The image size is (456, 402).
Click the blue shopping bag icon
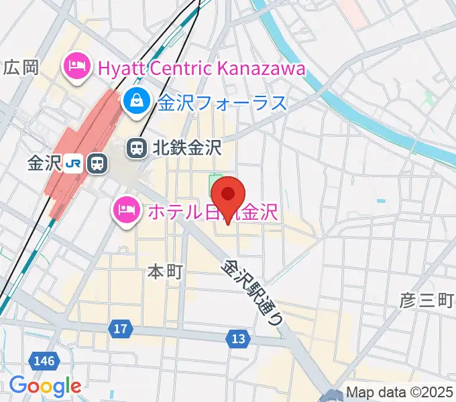pos(136,103)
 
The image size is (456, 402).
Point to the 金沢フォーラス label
pos(223,103)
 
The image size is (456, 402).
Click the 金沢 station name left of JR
pos(44,163)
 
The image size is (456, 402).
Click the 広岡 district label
pos(21,67)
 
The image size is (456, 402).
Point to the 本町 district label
pos(165,271)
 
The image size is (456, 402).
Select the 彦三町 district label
pos(427,299)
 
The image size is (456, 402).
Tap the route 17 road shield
pos(120,329)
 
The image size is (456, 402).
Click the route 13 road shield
pos(237,340)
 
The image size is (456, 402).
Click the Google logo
pos(45,386)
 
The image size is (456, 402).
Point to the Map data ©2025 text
pos(400,393)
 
